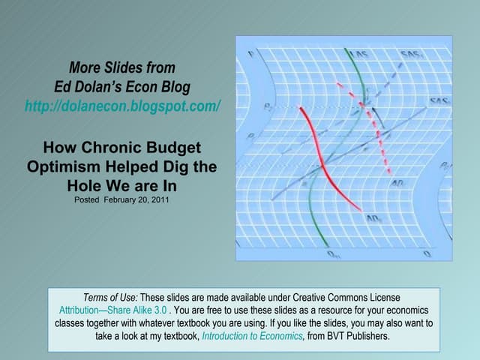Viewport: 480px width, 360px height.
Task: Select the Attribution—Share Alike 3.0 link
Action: click(x=113, y=310)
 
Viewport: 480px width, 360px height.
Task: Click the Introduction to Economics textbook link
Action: click(x=252, y=336)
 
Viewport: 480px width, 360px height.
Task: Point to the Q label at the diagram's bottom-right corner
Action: click(x=427, y=253)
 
